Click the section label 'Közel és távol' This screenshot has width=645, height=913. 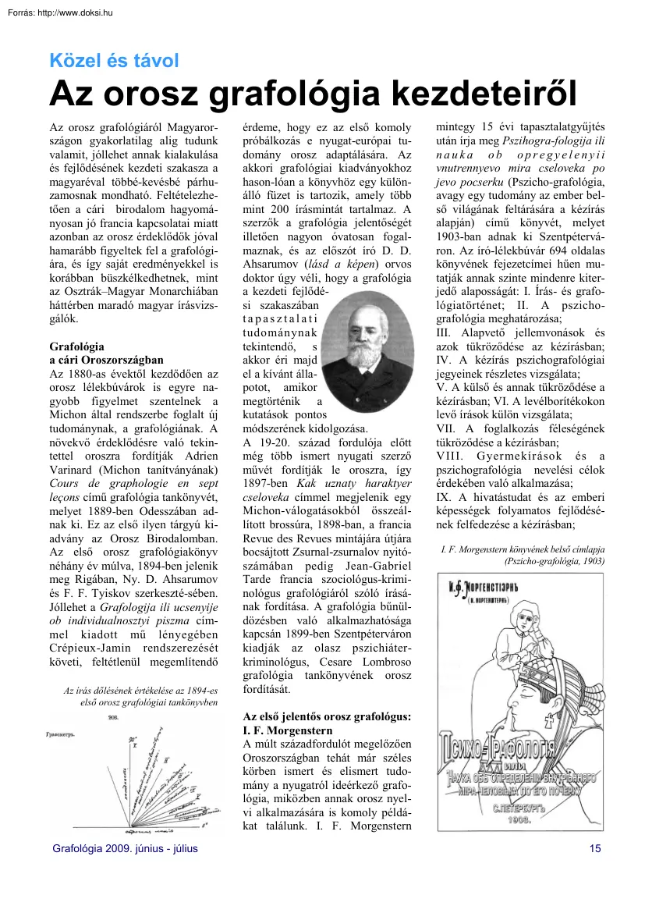[114, 60]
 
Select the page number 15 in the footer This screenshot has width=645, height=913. [596, 848]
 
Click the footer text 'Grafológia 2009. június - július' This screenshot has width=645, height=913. [124, 848]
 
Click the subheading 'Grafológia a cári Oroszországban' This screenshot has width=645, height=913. [106, 353]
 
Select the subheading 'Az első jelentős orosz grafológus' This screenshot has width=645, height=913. [328, 723]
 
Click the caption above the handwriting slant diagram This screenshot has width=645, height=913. [140, 696]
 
